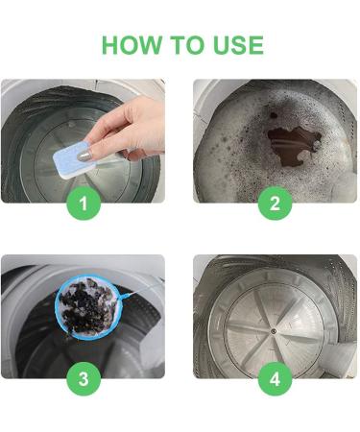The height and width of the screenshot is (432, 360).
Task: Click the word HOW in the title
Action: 132,45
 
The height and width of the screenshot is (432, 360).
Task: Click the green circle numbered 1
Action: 84,204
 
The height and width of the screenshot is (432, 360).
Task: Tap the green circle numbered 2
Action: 275,204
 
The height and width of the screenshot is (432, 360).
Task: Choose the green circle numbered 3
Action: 84,379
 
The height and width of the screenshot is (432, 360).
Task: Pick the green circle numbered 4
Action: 275,379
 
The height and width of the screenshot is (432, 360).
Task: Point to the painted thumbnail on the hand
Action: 84,155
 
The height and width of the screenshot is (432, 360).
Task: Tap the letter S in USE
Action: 238,45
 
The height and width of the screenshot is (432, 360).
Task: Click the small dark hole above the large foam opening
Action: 274,115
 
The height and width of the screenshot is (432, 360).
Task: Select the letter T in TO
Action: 178,45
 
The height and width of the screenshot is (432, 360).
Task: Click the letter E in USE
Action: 256,45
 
